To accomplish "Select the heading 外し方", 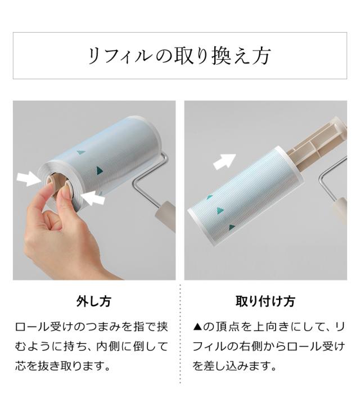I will [94, 301].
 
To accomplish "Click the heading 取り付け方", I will [265, 301].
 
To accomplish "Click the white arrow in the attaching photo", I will [224, 161].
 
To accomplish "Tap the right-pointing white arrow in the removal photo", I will [29, 179].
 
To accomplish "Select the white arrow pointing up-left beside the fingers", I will [93, 197].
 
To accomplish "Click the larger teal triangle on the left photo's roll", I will [100, 170].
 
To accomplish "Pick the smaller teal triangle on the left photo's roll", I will [81, 152].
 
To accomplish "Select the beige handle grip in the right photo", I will [339, 211].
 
